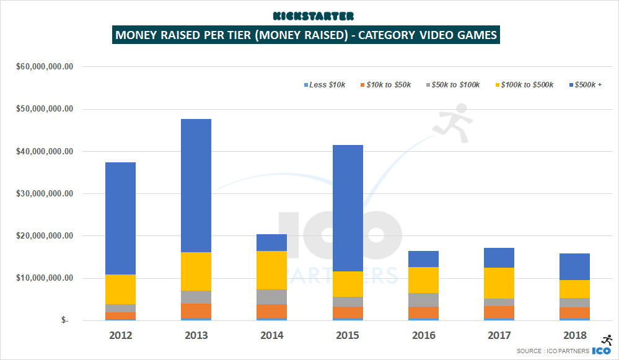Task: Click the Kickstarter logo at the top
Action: (309, 15)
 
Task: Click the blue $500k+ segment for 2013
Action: (196, 185)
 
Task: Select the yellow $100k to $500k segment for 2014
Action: (272, 270)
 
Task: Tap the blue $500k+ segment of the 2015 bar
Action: (348, 208)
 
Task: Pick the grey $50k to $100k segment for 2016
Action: (423, 300)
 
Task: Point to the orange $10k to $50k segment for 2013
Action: (196, 311)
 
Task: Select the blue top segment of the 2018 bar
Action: (574, 267)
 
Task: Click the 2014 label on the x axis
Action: (272, 335)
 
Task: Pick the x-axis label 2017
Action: (499, 335)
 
